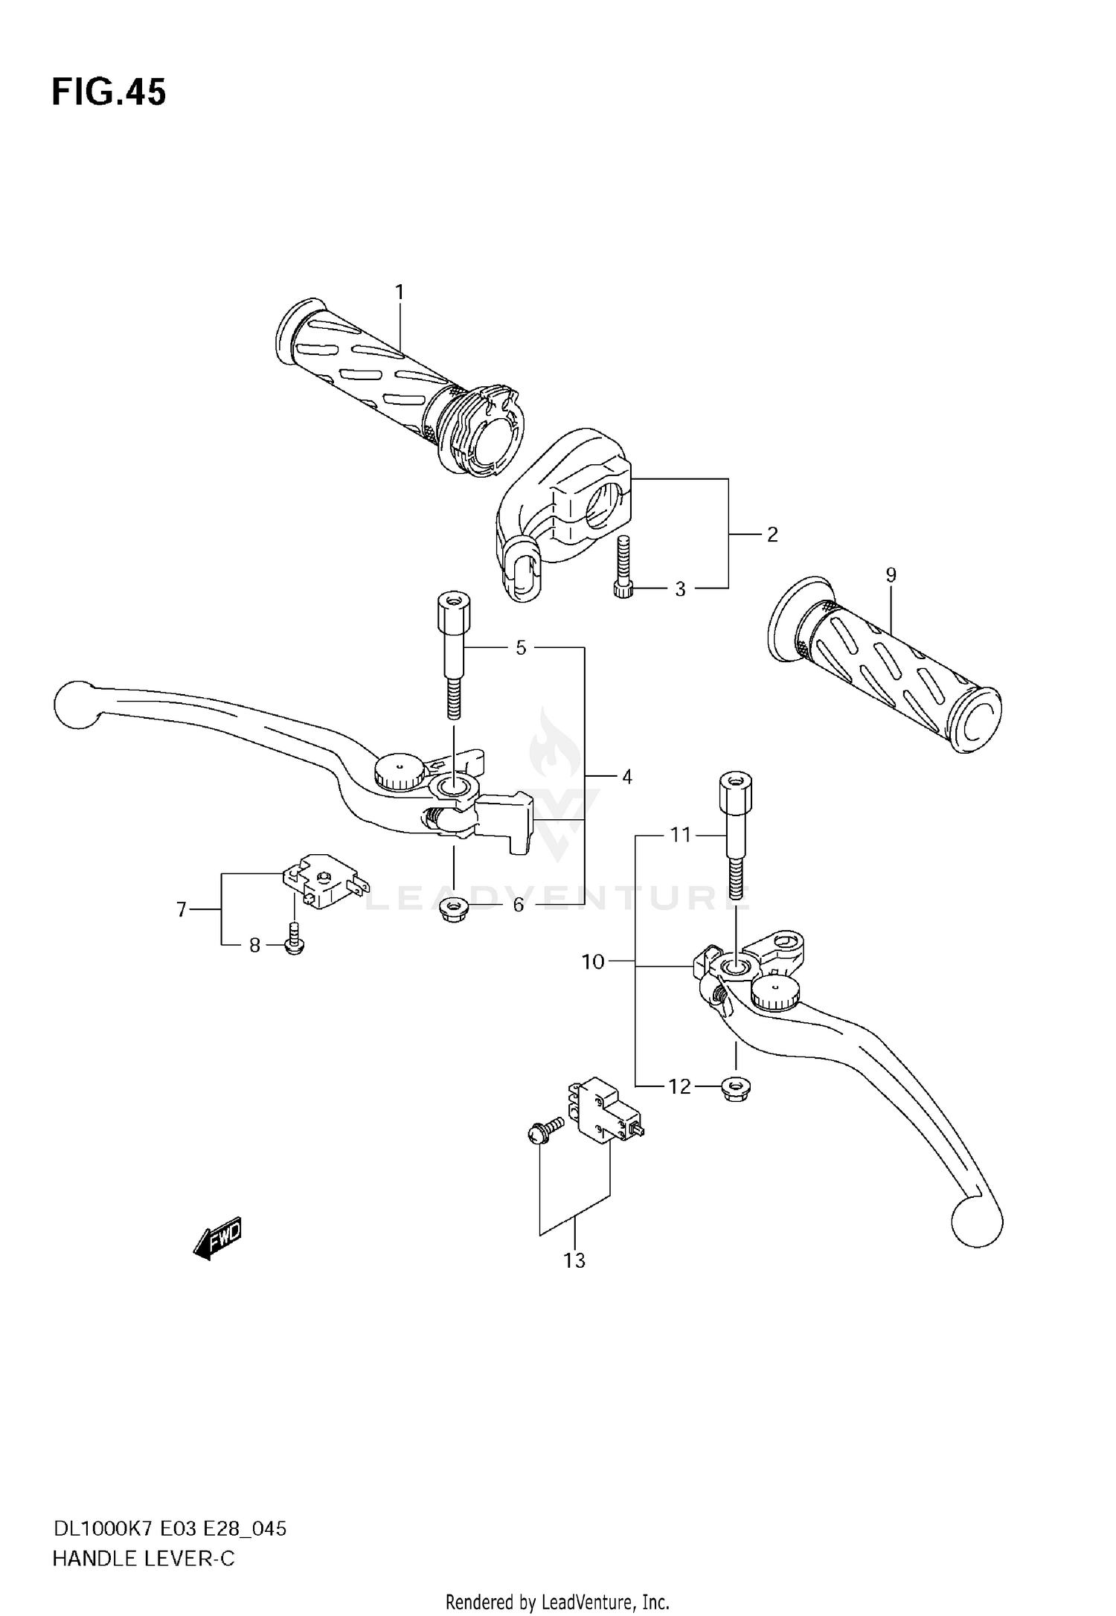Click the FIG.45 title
109,93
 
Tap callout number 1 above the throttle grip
400,292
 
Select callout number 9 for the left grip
891,574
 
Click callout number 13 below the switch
574,1260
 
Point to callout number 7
181,909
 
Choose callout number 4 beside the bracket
626,777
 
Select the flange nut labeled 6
450,911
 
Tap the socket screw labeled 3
622,573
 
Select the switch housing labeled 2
565,506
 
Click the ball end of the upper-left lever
76,704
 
